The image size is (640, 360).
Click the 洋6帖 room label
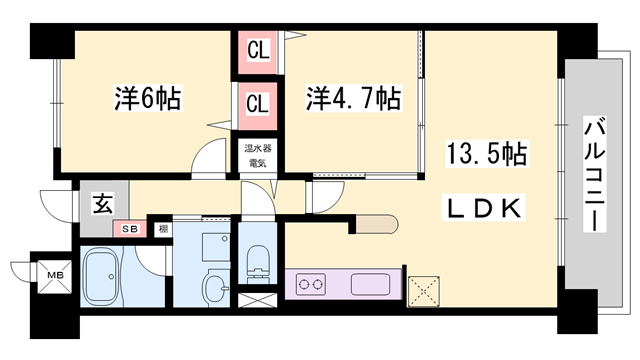tap(147, 100)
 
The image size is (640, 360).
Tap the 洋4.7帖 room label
tap(353, 100)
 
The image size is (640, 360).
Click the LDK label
tap(484, 209)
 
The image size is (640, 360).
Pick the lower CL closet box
tap(257, 103)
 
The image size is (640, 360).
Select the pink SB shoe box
tap(130, 229)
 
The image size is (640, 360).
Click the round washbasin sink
tap(215, 291)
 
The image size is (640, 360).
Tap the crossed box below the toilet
tap(255, 298)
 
